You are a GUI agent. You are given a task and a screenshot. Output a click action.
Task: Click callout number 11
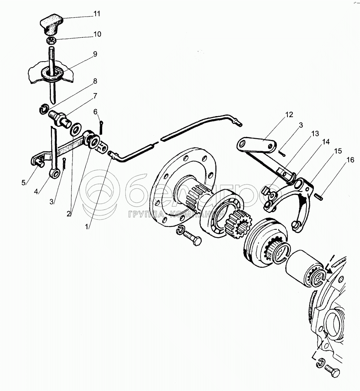click(97, 14)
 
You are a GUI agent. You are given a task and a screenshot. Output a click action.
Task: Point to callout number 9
click(95, 54)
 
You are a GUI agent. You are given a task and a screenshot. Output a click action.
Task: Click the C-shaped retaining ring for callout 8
click(44, 109)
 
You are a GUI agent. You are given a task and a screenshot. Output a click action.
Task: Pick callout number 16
click(350, 160)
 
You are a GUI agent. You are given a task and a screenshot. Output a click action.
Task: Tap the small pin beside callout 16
click(319, 196)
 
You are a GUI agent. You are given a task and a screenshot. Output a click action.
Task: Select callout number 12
click(289, 115)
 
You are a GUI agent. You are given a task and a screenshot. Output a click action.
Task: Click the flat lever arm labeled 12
click(257, 145)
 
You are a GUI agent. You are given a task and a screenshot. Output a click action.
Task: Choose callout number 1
click(87, 227)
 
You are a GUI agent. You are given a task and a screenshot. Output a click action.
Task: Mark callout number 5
click(23, 183)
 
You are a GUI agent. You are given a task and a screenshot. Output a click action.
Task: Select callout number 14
click(326, 142)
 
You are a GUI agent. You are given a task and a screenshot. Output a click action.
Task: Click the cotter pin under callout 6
click(102, 127)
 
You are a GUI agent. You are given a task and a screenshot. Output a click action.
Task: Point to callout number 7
click(95, 96)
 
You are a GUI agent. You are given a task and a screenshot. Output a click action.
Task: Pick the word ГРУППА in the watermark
click(145, 214)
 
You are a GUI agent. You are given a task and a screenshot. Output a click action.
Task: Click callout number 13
click(315, 134)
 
